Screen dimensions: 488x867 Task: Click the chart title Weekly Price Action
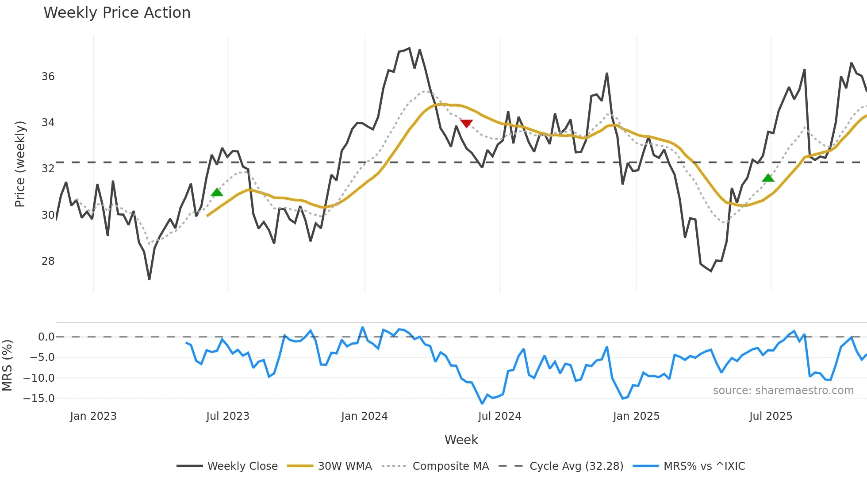click(x=117, y=13)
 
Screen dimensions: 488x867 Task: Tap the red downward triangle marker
click(x=466, y=123)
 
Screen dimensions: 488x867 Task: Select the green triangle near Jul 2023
click(x=217, y=192)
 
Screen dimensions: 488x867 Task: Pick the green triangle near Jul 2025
click(x=768, y=178)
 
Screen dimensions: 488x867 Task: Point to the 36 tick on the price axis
click(x=48, y=77)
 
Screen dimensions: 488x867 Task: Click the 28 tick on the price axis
click(x=48, y=261)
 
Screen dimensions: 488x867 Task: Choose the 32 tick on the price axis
click(x=48, y=169)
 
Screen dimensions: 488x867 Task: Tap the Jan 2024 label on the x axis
click(x=364, y=416)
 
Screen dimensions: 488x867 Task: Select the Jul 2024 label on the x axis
click(x=499, y=416)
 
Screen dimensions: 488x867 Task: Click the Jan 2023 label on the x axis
click(x=93, y=416)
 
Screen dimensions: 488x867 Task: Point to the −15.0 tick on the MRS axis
click(x=39, y=399)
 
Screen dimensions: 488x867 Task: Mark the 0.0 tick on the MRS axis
click(x=46, y=337)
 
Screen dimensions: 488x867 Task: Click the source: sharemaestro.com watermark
click(x=783, y=391)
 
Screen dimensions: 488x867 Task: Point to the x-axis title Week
click(x=461, y=440)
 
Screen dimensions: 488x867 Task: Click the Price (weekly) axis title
click(x=20, y=164)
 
